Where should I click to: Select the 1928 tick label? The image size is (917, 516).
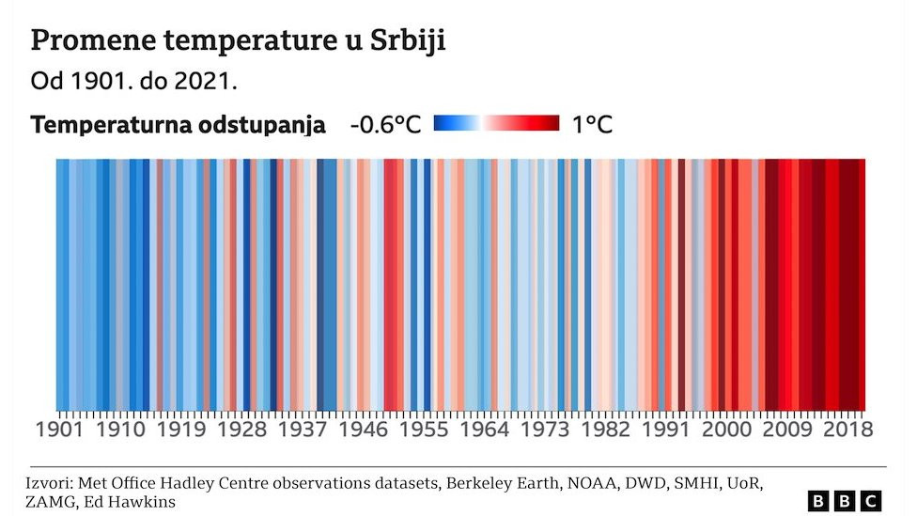tap(241, 430)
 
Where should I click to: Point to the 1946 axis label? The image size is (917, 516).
tap(362, 430)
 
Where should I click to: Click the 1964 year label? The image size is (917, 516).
tap(484, 430)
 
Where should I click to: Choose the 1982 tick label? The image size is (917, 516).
tap(605, 430)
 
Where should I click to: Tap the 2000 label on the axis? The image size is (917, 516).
tap(726, 430)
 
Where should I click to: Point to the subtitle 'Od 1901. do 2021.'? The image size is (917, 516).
tap(133, 82)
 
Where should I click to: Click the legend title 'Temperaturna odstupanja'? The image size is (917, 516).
tap(179, 125)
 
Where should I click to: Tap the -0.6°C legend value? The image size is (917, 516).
tap(385, 125)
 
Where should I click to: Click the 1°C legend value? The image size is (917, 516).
tap(592, 125)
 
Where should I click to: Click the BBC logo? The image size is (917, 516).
tap(845, 501)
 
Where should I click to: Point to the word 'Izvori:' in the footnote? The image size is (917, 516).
tap(50, 483)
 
